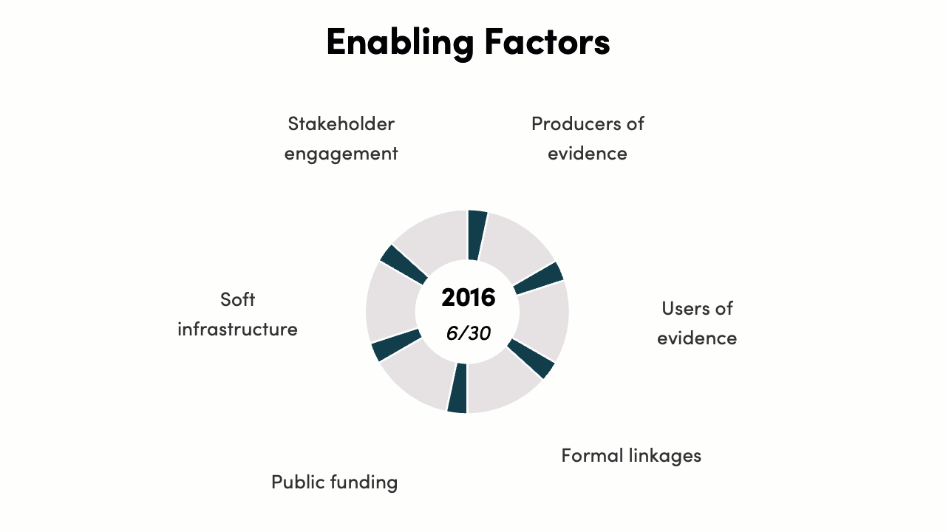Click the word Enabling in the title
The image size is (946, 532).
(x=401, y=43)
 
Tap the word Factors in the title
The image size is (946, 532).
(x=548, y=41)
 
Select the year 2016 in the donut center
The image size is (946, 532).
(x=469, y=297)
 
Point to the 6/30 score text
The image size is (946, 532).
(x=469, y=333)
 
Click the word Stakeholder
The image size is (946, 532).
(x=341, y=123)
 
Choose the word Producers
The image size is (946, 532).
(x=576, y=123)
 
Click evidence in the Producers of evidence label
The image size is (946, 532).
(x=588, y=153)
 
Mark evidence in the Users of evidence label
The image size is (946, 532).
(x=697, y=338)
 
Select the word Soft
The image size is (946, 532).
(x=237, y=299)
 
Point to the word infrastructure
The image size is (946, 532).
(x=237, y=329)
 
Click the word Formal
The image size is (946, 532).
(x=592, y=456)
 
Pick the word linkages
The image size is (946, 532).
(x=664, y=457)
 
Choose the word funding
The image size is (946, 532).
(x=364, y=483)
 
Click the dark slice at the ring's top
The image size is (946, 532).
(x=477, y=235)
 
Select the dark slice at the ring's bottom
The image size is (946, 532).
(x=458, y=389)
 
